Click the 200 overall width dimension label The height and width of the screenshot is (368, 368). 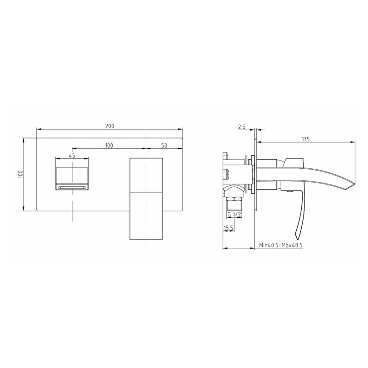click(109, 126)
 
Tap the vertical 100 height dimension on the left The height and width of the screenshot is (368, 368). click(20, 174)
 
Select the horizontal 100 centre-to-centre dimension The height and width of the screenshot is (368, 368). click(109, 145)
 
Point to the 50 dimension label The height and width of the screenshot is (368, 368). click(164, 145)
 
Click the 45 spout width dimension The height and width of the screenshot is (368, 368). click(72, 155)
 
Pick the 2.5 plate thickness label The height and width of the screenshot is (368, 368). click(242, 126)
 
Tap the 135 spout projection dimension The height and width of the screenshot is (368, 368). click(305, 138)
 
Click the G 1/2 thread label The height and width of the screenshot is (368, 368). click(235, 214)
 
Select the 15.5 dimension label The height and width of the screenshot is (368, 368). click(229, 228)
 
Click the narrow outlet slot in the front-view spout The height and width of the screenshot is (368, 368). click(72, 187)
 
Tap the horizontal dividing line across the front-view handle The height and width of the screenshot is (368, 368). click(146, 193)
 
